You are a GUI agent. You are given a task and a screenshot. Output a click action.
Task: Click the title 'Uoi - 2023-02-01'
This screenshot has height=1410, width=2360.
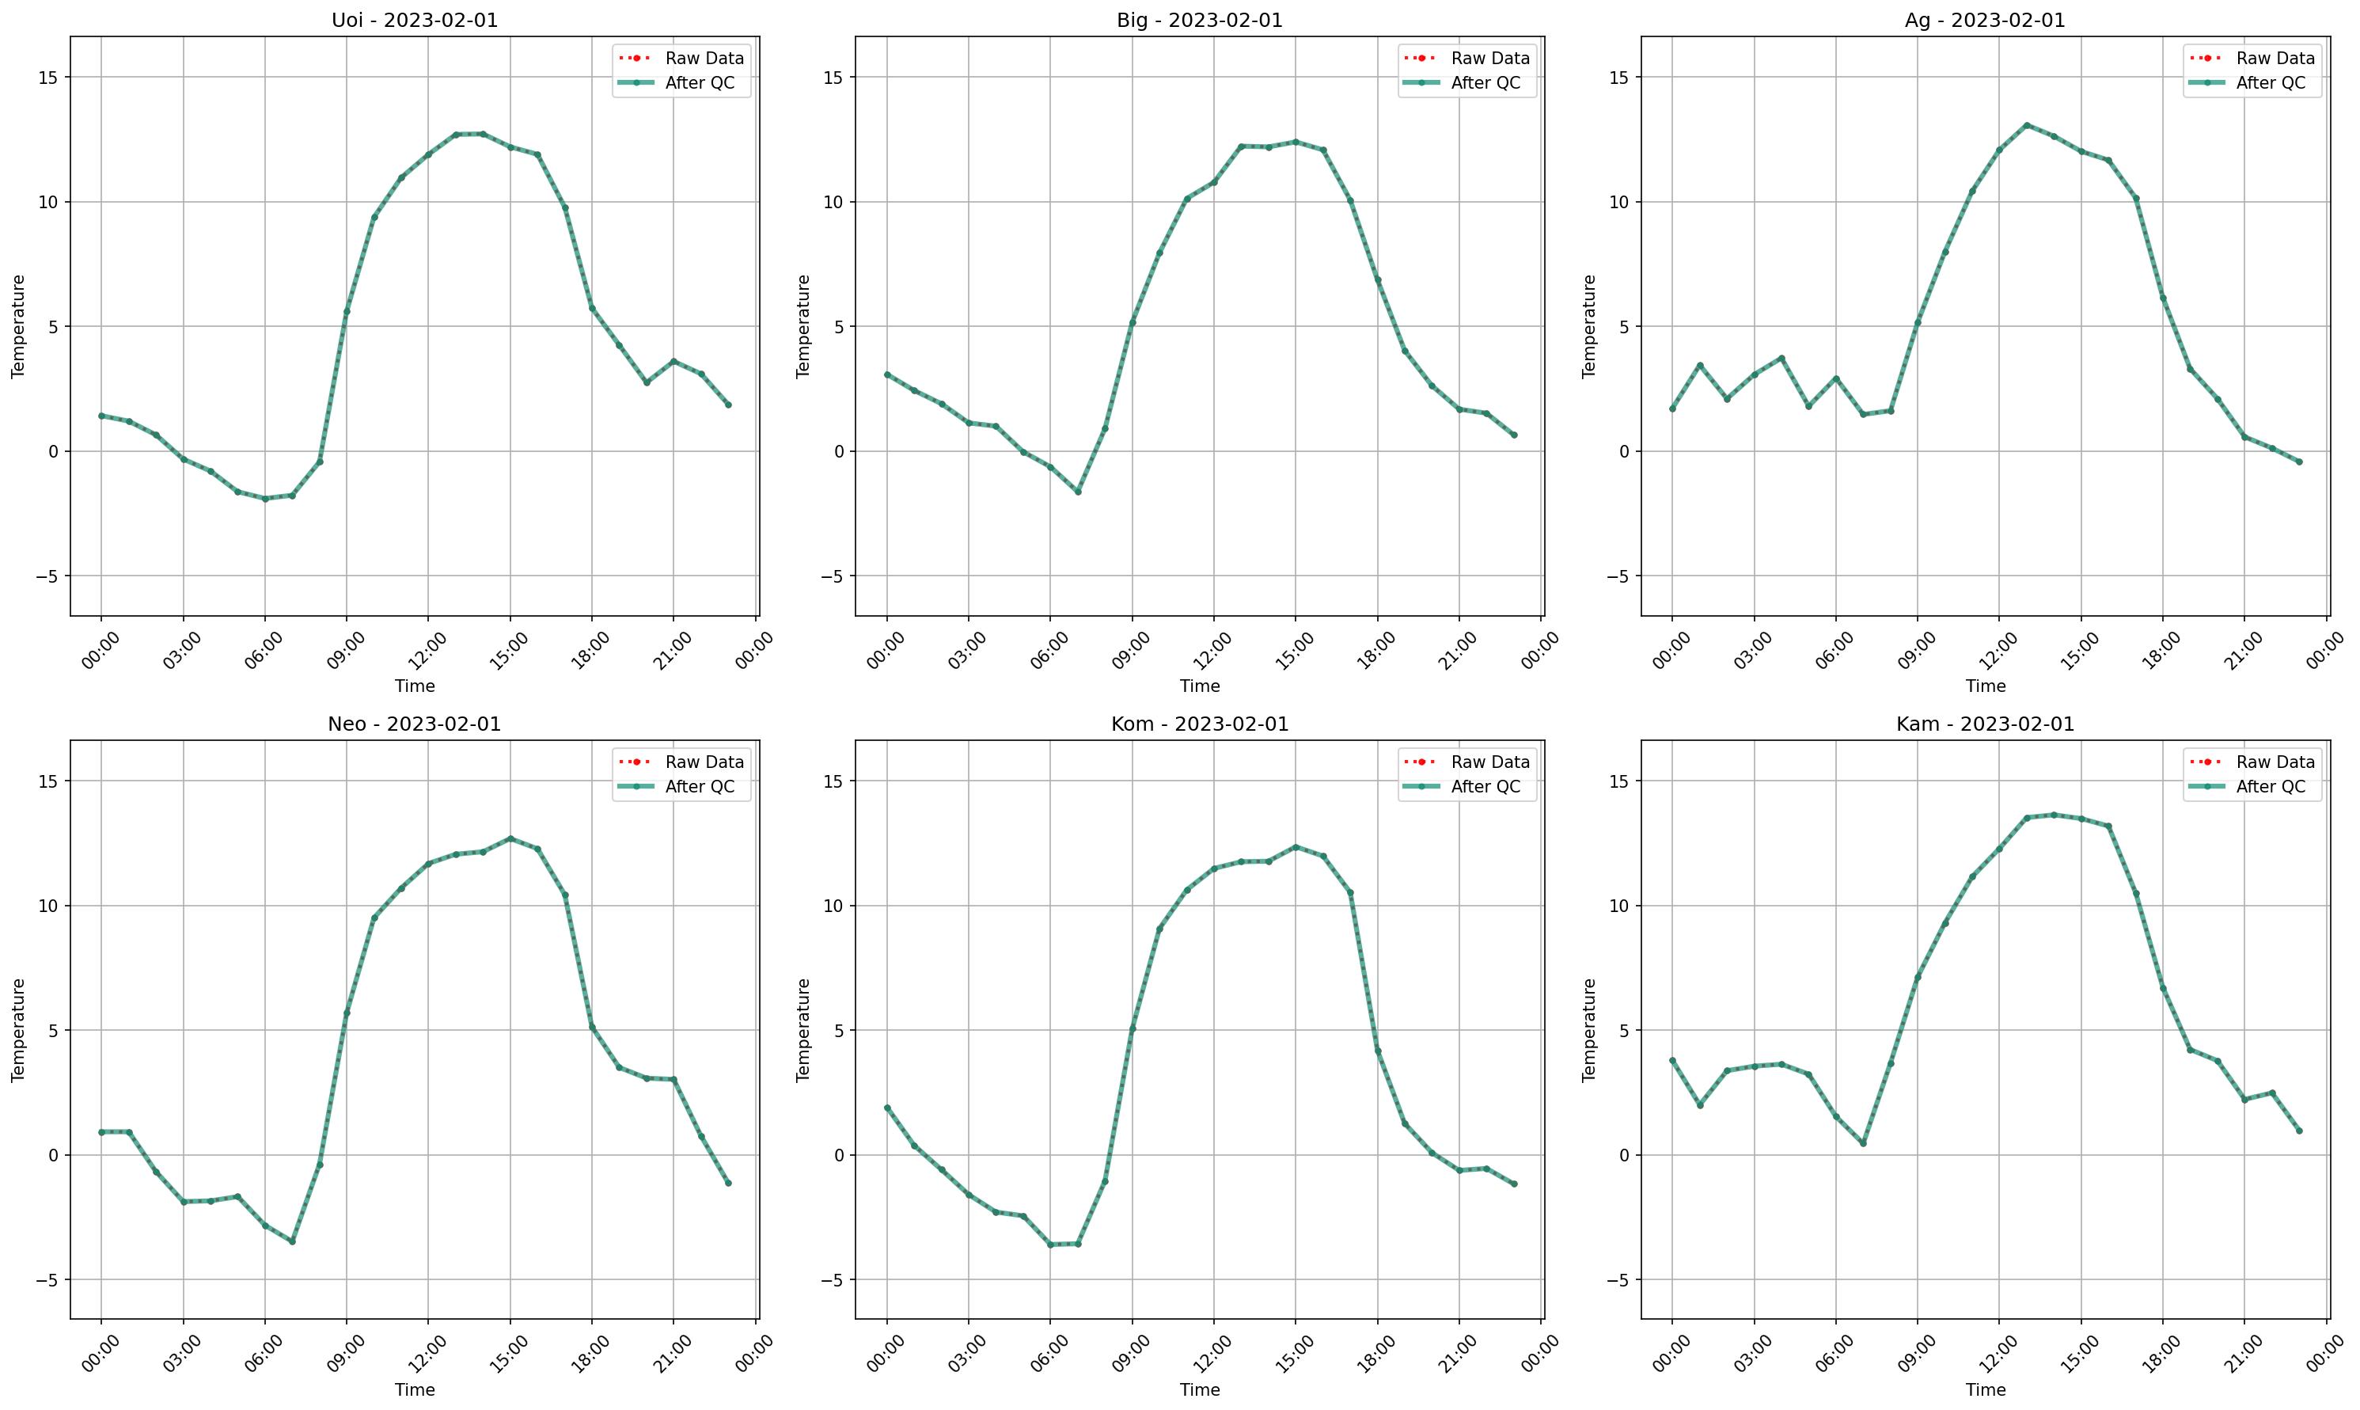click(x=414, y=20)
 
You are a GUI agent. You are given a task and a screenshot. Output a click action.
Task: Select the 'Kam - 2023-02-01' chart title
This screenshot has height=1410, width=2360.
click(x=1985, y=724)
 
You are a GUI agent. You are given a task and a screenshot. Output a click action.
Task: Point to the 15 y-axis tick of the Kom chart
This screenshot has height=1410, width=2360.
click(x=831, y=781)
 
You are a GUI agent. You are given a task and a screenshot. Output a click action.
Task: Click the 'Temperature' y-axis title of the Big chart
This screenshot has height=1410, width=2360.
click(x=803, y=326)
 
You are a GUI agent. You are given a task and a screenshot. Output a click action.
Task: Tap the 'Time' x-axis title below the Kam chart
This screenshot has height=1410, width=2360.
click(x=1985, y=1389)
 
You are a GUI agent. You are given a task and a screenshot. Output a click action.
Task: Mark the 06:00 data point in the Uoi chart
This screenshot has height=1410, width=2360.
click(x=265, y=499)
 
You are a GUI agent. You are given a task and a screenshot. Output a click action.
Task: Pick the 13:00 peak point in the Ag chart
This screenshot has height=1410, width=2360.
click(x=2027, y=124)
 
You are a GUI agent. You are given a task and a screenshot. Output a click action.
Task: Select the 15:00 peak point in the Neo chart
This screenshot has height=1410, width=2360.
click(x=510, y=838)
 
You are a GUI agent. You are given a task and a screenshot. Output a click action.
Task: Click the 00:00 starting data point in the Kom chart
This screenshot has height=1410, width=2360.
click(x=887, y=1108)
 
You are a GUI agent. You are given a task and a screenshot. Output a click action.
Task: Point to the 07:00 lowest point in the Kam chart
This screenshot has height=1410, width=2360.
click(x=1863, y=1143)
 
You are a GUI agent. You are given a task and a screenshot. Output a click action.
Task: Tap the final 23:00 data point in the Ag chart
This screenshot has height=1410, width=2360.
click(x=2299, y=462)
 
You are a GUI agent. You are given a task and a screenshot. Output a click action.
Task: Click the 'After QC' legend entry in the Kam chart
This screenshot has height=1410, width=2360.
click(x=2270, y=787)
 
